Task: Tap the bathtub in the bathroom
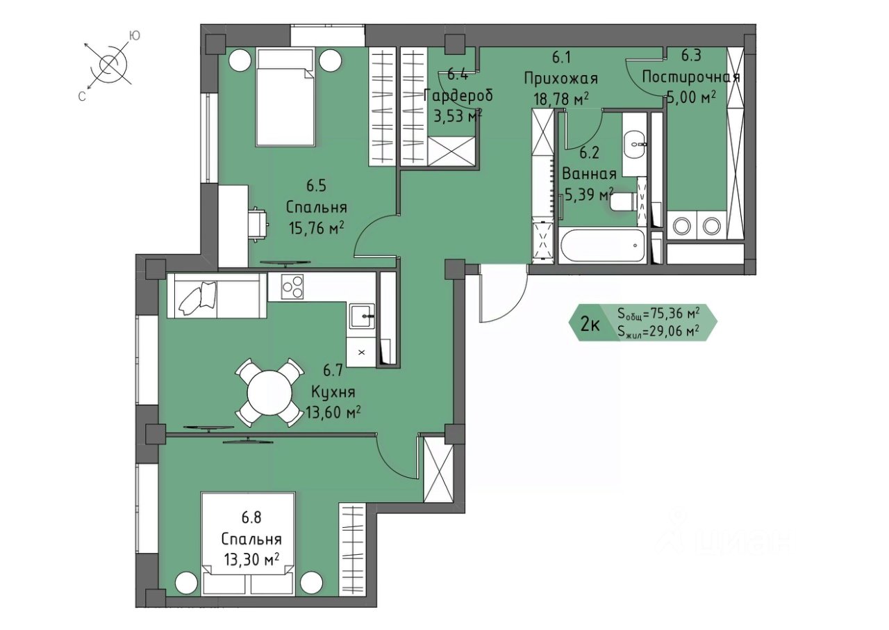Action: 601,245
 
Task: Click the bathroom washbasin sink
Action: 635,145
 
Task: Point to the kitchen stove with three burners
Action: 292,286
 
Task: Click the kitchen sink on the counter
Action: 362,316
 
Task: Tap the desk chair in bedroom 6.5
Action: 258,225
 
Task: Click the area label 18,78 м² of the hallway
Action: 560,99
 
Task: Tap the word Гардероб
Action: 458,96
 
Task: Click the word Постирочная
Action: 691,76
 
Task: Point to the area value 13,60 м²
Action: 333,413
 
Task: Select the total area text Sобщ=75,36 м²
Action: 658,314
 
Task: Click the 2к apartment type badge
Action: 590,325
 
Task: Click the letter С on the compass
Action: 82,97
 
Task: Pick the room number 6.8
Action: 251,518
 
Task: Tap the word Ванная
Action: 590,174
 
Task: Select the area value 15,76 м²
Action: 316,228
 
